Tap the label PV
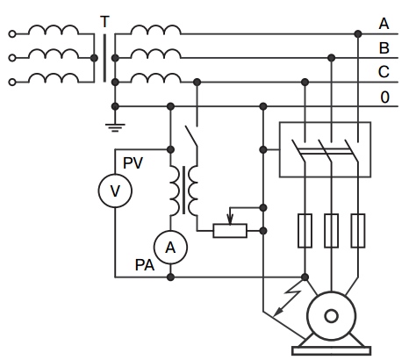click(x=133, y=163)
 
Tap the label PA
click(x=145, y=265)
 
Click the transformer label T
click(x=104, y=22)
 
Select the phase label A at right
click(x=384, y=24)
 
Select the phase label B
click(x=384, y=48)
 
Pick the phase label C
click(x=384, y=72)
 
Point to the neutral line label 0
click(x=385, y=97)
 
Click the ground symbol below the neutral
click(x=115, y=127)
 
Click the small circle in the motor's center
click(x=332, y=316)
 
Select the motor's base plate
click(x=332, y=350)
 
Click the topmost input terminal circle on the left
click(x=12, y=34)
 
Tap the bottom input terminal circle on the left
click(x=12, y=83)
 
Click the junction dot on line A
click(x=358, y=34)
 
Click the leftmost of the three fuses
click(x=305, y=231)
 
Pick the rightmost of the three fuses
click(x=358, y=231)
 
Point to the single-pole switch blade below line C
click(x=191, y=136)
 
